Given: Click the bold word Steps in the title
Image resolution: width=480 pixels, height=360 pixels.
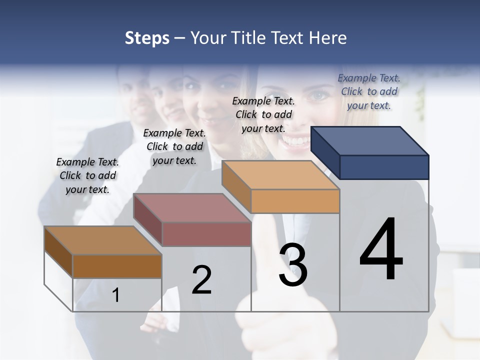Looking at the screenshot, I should [147, 38].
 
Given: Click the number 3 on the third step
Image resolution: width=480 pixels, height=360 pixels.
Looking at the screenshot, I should [293, 265].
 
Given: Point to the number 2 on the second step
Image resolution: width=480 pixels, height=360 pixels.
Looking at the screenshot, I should [201, 280].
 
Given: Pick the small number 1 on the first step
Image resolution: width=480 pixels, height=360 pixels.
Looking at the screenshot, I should [115, 295].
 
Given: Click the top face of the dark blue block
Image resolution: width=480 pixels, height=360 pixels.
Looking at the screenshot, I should [370, 140].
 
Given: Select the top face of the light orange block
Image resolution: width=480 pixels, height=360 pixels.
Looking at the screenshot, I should [280, 174].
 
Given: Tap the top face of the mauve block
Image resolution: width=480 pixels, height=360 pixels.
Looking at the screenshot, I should [192, 207].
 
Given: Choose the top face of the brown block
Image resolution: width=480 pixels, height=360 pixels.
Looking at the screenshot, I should [103, 240].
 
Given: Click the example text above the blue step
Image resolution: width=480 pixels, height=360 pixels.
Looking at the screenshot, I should [369, 91].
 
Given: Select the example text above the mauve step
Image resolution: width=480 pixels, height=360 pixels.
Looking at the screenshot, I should [174, 146].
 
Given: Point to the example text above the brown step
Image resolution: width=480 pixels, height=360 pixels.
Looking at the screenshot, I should [87, 175].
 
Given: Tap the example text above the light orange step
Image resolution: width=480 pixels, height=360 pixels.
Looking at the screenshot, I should [263, 114].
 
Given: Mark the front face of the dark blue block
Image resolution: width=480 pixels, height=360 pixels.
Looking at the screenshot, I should [384, 167].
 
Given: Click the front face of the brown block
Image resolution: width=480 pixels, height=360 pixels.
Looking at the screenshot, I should [117, 266].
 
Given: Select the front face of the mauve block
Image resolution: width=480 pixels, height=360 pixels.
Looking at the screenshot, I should [206, 234].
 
